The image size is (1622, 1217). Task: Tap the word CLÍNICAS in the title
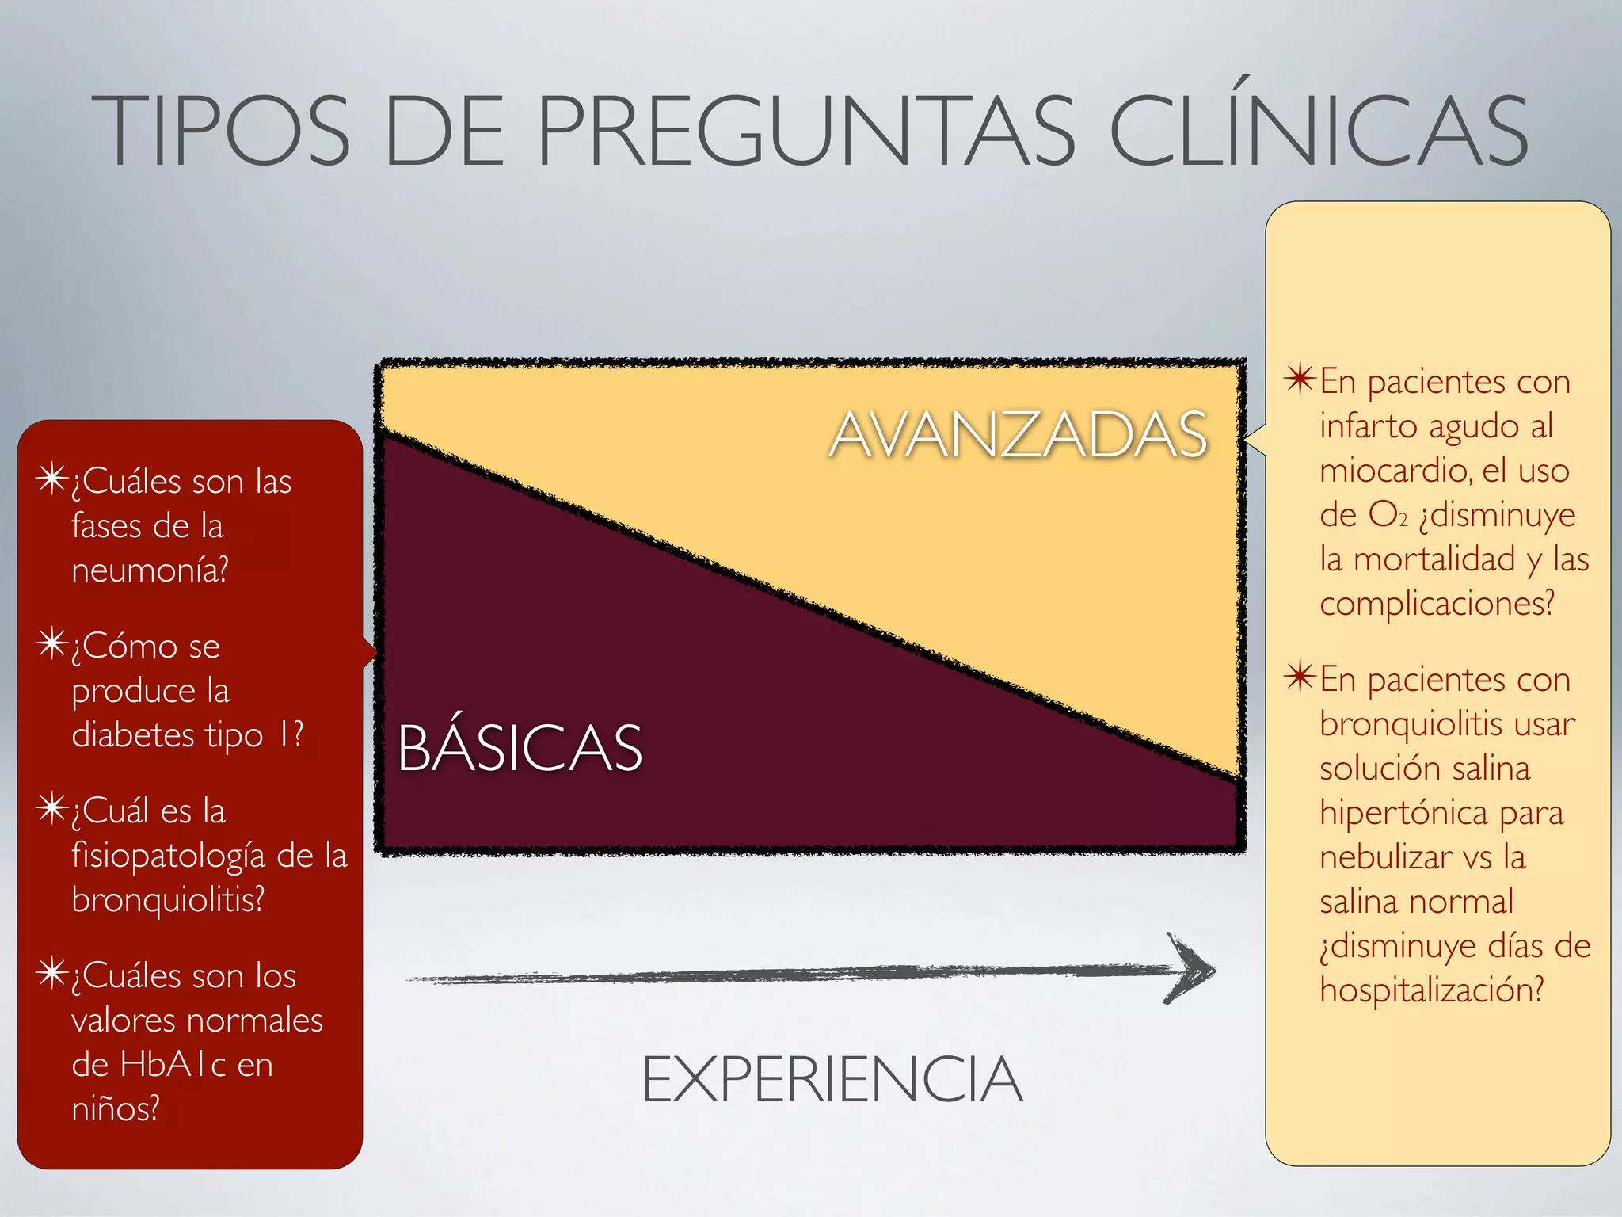pos(1318,131)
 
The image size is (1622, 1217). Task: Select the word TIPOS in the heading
pos(221,131)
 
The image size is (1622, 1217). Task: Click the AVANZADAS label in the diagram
pos(1018,435)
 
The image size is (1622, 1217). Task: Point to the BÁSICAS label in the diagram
pos(520,748)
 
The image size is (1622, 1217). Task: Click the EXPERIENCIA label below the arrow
pos(832,1079)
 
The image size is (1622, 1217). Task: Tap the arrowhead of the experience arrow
pos(1192,968)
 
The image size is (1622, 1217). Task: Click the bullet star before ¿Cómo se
pos(52,644)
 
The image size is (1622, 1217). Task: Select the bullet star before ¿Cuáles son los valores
pos(52,974)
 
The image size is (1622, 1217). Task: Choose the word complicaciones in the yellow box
pos(1434,604)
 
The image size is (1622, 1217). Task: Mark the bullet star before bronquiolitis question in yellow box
pos(1300,677)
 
